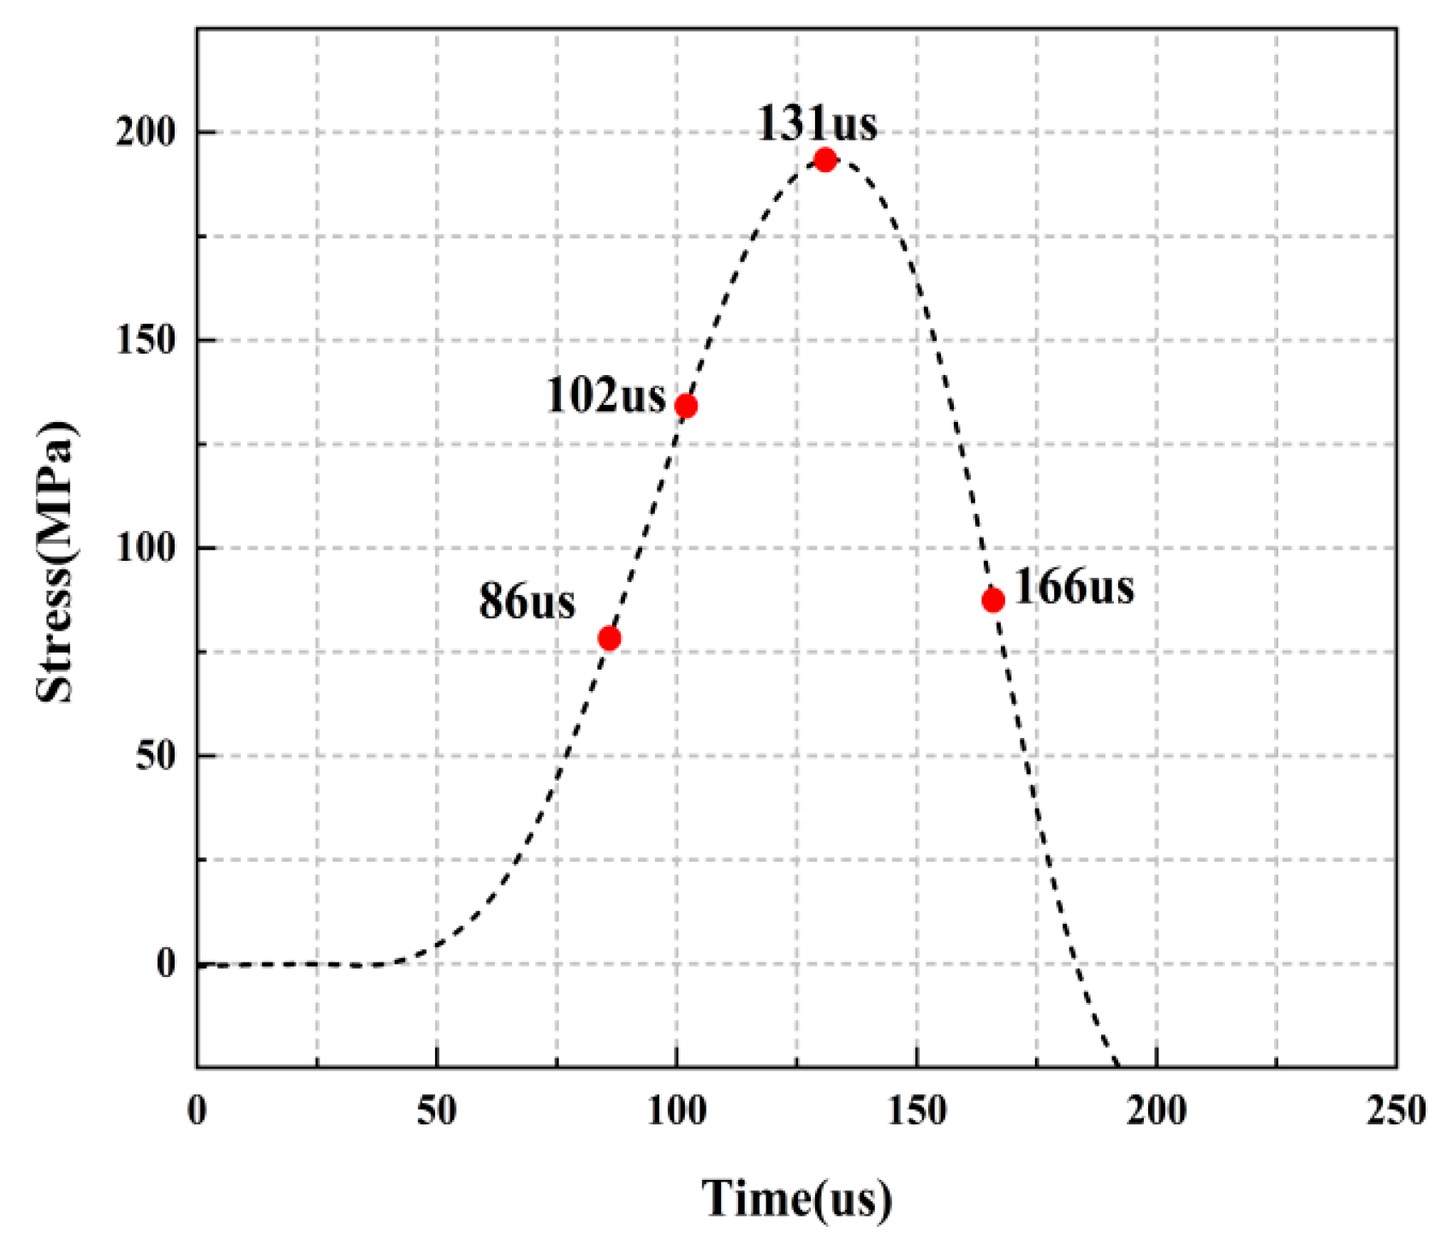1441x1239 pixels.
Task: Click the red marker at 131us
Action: (825, 160)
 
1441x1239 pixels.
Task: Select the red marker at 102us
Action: (686, 406)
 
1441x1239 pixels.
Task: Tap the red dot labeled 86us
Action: (609, 638)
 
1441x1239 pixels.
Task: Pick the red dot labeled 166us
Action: (992, 600)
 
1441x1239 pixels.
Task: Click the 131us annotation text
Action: (817, 123)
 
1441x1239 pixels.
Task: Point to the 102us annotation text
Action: (605, 396)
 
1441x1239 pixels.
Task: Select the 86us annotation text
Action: (527, 601)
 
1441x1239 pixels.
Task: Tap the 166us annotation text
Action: (1074, 587)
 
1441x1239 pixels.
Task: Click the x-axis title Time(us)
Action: (796, 1198)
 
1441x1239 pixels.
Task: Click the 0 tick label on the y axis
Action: (165, 964)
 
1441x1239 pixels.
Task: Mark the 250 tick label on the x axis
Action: (1396, 1111)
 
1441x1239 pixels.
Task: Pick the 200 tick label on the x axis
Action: (1156, 1111)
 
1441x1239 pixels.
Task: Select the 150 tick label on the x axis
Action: (916, 1111)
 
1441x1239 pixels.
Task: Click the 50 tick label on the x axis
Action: (437, 1111)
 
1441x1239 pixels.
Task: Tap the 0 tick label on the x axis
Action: (197, 1111)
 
